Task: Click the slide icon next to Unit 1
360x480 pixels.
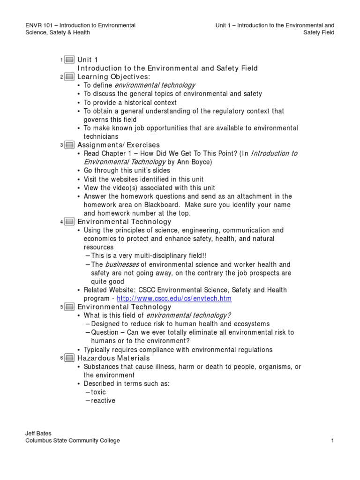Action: pos(69,60)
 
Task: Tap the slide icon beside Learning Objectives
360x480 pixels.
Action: pos(69,77)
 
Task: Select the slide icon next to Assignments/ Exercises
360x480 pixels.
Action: pos(69,145)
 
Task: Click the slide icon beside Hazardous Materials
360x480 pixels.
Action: pos(69,359)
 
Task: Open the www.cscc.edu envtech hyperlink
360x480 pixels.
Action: pos(174,299)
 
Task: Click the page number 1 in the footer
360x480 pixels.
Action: pos(332,441)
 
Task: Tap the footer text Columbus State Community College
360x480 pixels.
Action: pos(73,441)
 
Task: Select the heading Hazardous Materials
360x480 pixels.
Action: pos(113,359)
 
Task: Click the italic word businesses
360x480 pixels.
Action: pos(121,264)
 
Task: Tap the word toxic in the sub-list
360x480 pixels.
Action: pos(98,392)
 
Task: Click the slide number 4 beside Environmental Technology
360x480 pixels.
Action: pos(61,222)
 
